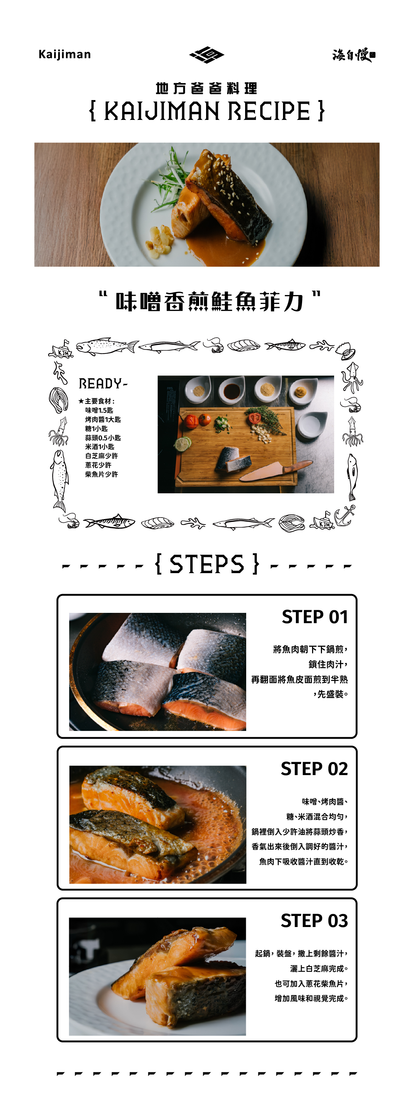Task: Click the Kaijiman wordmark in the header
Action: tap(64, 54)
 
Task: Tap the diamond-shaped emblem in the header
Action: tap(206, 54)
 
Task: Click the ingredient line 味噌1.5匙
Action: tap(99, 410)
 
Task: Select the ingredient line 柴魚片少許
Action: tap(101, 475)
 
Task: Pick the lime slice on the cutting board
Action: tap(183, 444)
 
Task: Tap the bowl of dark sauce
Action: tap(231, 391)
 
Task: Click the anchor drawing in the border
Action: tap(345, 515)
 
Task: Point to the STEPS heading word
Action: tap(206, 564)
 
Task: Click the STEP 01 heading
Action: tap(315, 617)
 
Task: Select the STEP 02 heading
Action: tap(314, 768)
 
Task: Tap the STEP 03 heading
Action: tap(314, 920)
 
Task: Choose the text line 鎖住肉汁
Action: tap(328, 664)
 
